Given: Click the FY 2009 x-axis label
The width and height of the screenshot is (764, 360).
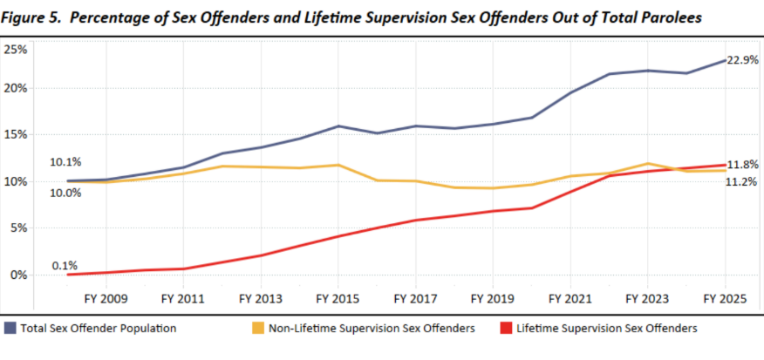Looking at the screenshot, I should tap(106, 298).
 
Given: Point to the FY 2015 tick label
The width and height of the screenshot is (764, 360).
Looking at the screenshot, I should tap(338, 298).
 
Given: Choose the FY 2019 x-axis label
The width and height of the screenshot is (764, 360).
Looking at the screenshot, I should tap(493, 298).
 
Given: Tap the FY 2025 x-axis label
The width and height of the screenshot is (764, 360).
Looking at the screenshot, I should tap(725, 298).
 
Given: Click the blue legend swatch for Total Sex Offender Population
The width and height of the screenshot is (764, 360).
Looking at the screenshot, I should tap(10, 329).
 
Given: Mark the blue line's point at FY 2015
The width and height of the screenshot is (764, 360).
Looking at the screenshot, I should tap(338, 126).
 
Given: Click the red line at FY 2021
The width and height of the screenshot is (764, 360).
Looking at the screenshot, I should tap(570, 191).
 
